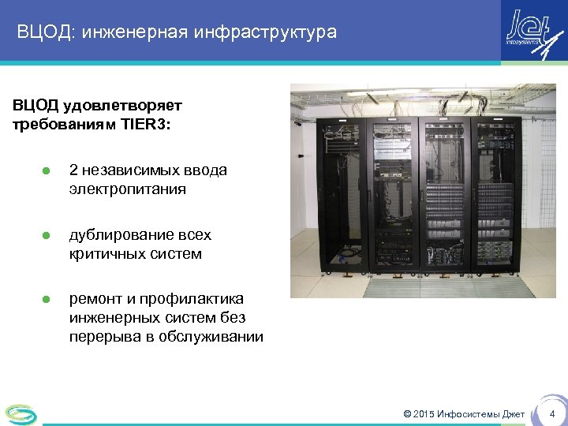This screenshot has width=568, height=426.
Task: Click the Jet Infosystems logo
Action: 533,32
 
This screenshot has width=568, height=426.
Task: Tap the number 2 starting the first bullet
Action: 73,170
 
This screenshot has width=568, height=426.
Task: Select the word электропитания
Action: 127,189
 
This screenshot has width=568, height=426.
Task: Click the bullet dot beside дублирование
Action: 46,235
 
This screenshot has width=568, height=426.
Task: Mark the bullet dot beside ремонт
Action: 46,299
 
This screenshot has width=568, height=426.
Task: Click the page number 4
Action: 552,414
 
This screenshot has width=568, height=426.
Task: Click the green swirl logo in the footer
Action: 20,413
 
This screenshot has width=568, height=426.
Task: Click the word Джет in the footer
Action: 512,414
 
